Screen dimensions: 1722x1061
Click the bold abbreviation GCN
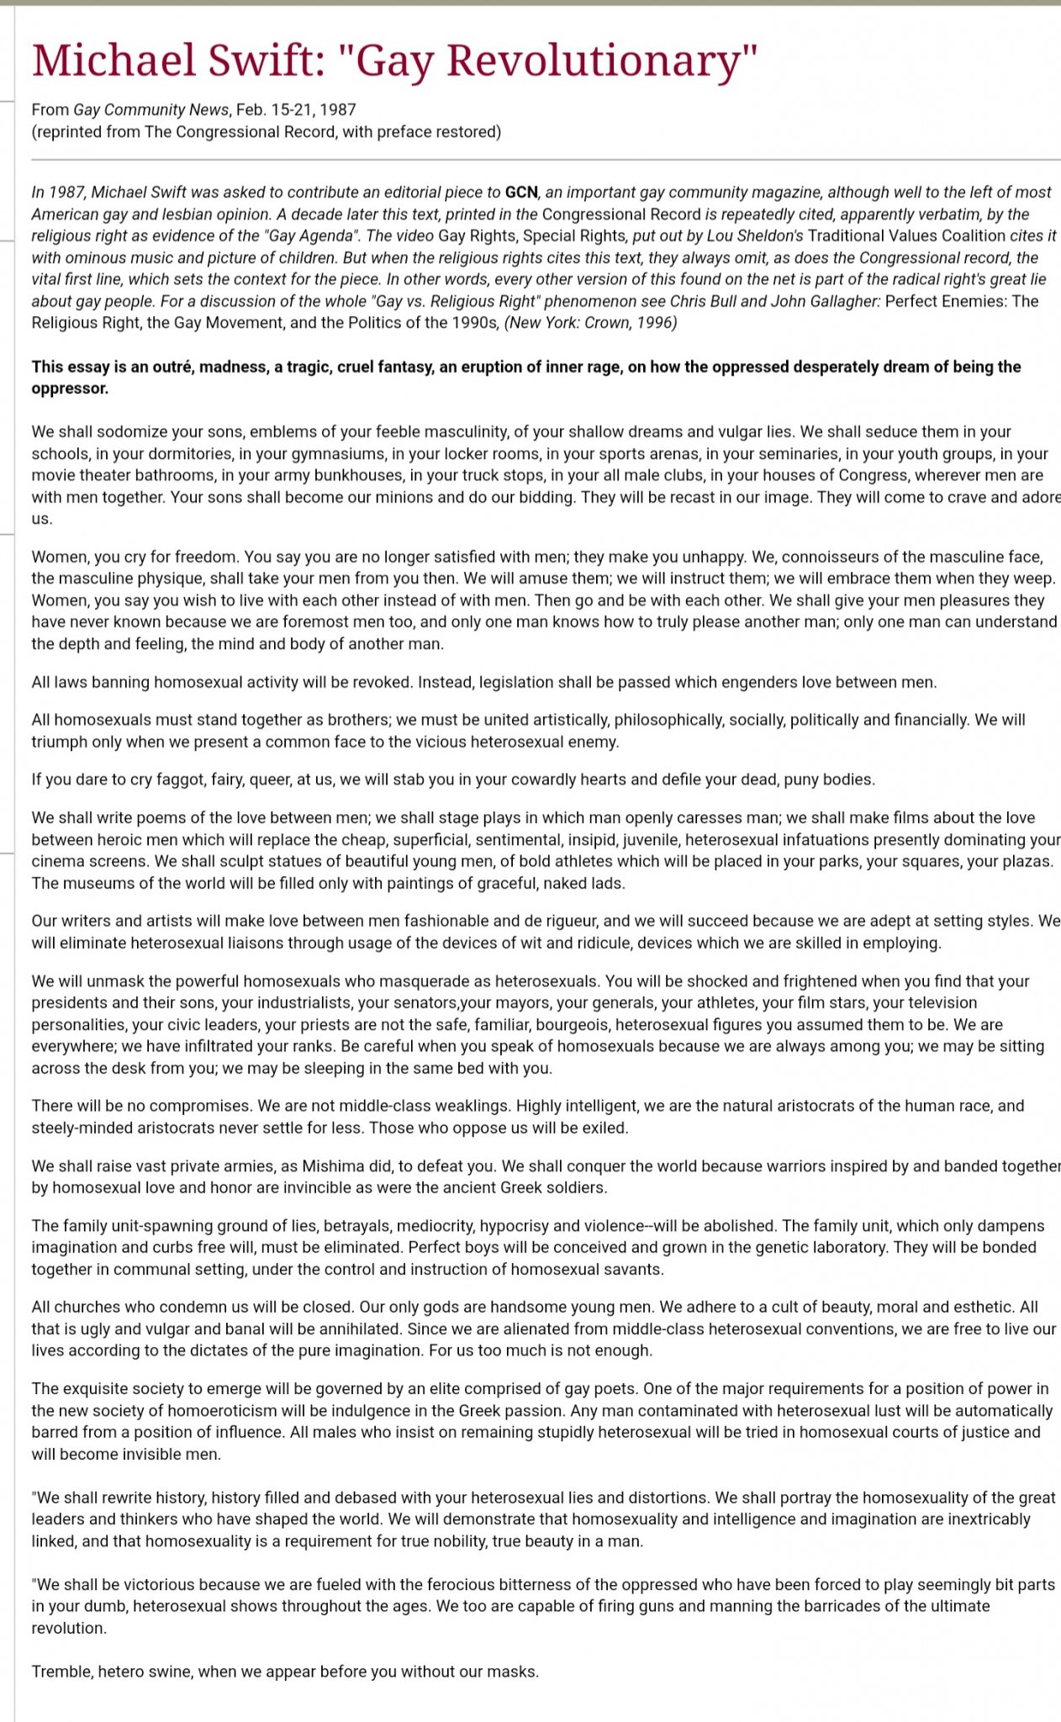point(520,193)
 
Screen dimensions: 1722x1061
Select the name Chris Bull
point(703,301)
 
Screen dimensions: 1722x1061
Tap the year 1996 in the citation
point(656,323)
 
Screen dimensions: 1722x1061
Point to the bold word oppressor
point(70,388)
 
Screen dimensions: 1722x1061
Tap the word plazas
point(1026,862)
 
